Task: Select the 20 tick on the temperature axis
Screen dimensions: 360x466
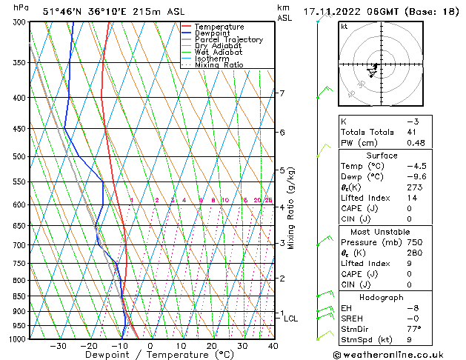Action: (212, 346)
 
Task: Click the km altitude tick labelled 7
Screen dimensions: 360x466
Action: (282, 93)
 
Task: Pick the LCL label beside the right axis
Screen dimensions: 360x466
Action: (291, 319)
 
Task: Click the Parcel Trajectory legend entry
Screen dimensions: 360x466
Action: (228, 40)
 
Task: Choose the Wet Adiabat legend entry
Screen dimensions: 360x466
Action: (217, 53)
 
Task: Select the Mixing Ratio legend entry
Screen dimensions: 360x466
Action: (219, 65)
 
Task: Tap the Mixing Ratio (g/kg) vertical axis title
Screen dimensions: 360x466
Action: (291, 208)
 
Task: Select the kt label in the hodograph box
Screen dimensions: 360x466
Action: (344, 26)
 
